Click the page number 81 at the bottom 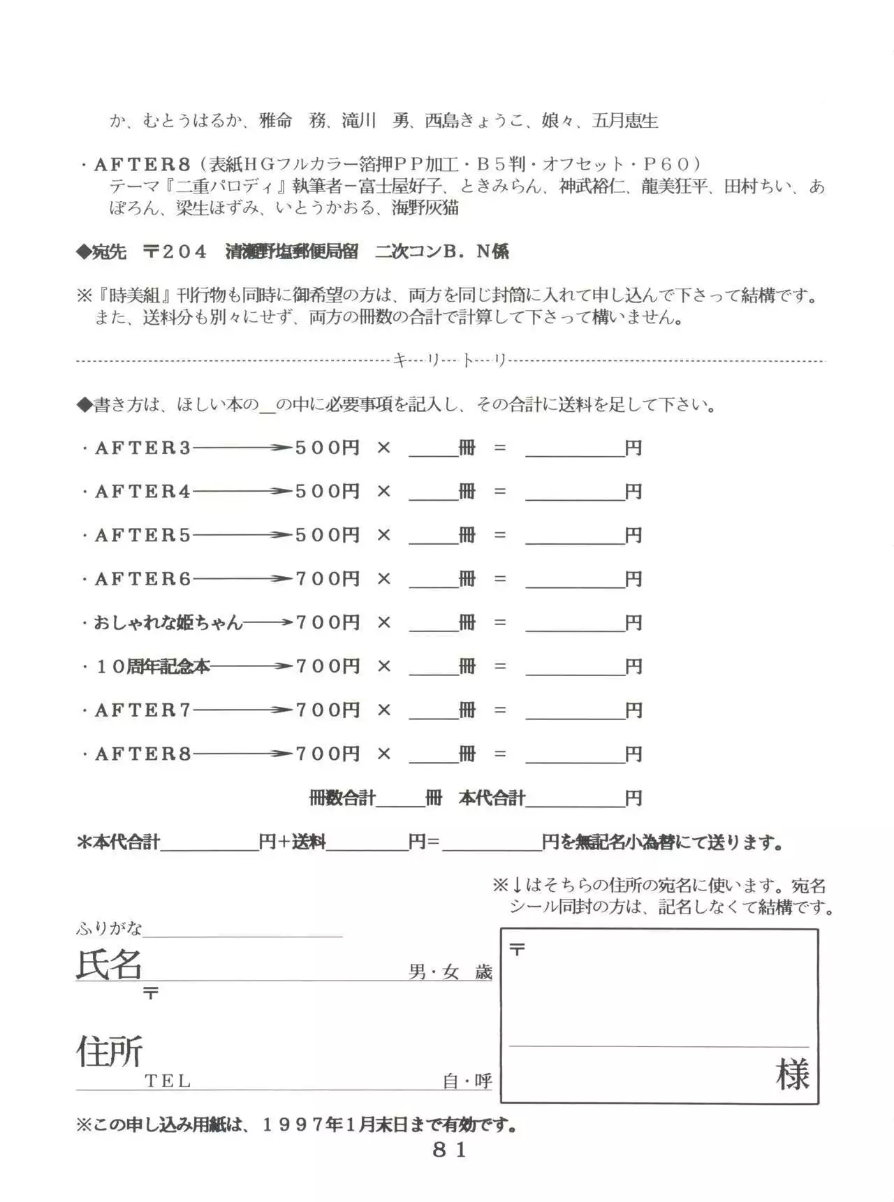point(449,1150)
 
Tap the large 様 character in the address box point(792,1074)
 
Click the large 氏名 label point(109,965)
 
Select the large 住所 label point(110,1051)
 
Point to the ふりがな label point(109,928)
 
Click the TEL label point(168,1081)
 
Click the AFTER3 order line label point(142,448)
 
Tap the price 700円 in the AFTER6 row point(328,579)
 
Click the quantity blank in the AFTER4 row point(433,492)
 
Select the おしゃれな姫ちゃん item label point(168,622)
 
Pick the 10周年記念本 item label point(152,666)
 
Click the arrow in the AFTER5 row point(242,536)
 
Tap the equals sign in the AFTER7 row point(499,710)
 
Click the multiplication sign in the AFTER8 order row point(383,754)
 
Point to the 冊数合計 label point(342,798)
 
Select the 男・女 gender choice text point(434,972)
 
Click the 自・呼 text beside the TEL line point(467,1081)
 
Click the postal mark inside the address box point(518,949)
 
